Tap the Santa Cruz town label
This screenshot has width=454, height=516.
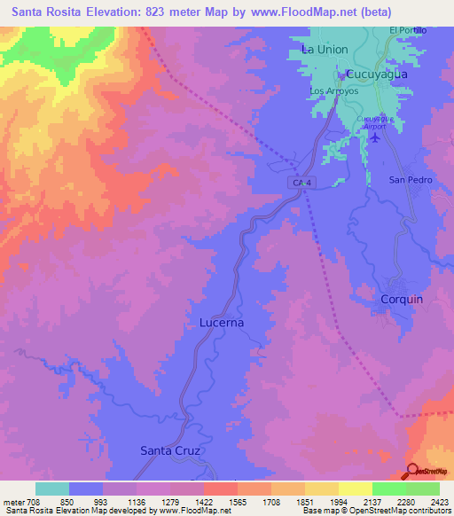pos(171,450)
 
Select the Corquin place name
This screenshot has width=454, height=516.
pos(402,299)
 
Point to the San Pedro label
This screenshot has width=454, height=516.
pos(409,179)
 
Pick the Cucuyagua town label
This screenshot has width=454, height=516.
pos(376,74)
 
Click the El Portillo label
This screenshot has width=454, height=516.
pos(409,30)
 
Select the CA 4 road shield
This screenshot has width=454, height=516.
pos(302,182)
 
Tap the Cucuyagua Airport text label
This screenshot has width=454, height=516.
pos(373,121)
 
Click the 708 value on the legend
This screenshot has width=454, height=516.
pos(35,502)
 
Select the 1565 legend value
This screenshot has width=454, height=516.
pos(227,502)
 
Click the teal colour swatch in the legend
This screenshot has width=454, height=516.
pos(52,489)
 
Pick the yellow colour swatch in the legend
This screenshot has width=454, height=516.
pos(355,489)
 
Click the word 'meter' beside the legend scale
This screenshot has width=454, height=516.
pos(13,502)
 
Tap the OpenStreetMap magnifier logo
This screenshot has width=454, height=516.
pos(414,470)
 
